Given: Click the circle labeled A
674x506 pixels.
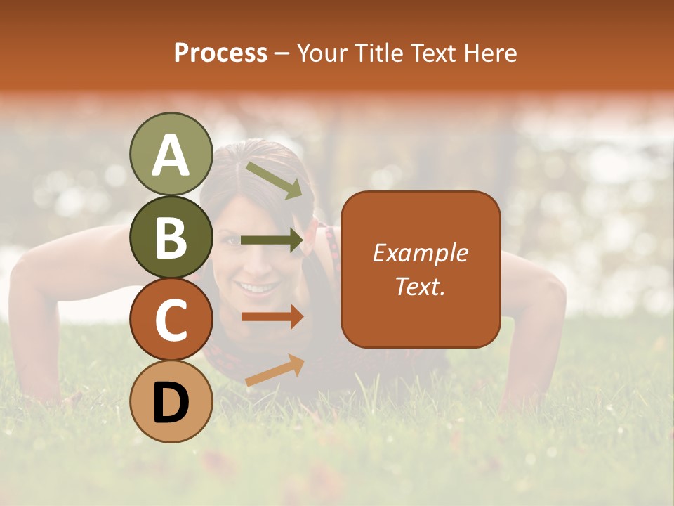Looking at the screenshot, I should click(171, 154).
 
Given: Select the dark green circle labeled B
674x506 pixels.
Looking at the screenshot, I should click(171, 237).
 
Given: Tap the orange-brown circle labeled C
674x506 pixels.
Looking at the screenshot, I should click(171, 320).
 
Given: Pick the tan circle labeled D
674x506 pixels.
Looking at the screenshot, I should click(171, 401).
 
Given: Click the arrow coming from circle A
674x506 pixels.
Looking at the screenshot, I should click(274, 179).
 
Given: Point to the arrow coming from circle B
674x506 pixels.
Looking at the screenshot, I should click(272, 240).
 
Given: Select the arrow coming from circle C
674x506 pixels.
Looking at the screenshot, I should click(272, 317).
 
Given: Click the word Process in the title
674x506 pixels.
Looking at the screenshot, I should click(220, 53).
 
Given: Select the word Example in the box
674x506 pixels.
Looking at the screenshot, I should click(420, 253).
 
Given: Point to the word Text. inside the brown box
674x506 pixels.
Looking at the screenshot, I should click(420, 286).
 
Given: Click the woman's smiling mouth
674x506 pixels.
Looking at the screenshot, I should click(256, 288).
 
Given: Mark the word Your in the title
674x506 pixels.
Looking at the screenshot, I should click(320, 53).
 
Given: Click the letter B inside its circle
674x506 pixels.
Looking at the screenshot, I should click(171, 238).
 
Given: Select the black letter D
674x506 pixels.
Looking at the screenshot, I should click(171, 403).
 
